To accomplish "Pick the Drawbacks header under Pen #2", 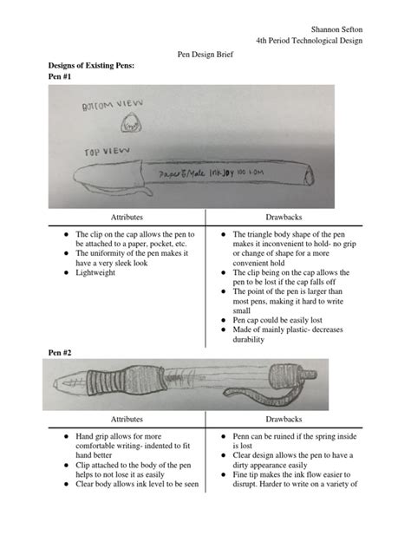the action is (288, 418).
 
